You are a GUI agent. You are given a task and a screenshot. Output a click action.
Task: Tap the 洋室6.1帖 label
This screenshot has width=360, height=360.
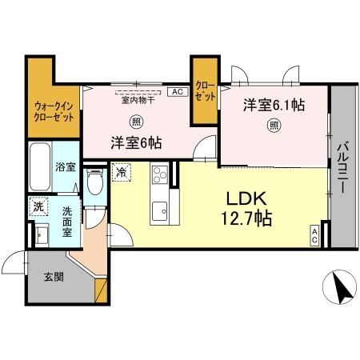pos(274,105)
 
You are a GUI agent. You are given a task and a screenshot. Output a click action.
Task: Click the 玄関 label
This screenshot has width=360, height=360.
pos(54,277)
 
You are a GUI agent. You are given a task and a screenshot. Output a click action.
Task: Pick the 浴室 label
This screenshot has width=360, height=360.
pos(66,167)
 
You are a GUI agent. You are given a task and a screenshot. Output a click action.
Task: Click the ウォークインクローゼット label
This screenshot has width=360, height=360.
pos(54,110)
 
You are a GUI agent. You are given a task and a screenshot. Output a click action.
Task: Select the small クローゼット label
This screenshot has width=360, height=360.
pos(205,90)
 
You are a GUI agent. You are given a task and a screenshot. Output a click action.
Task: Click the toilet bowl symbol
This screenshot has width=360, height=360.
pos(95,183)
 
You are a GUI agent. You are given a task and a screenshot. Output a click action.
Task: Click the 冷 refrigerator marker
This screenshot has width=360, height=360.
pos(121,170)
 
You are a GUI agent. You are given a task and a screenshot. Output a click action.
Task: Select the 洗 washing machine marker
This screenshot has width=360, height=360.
pos(38,206)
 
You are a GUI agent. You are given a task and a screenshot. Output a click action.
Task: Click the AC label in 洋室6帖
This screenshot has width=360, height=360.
pos(176,92)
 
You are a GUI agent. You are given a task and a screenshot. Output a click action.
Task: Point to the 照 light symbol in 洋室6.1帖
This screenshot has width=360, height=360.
pos(274,125)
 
